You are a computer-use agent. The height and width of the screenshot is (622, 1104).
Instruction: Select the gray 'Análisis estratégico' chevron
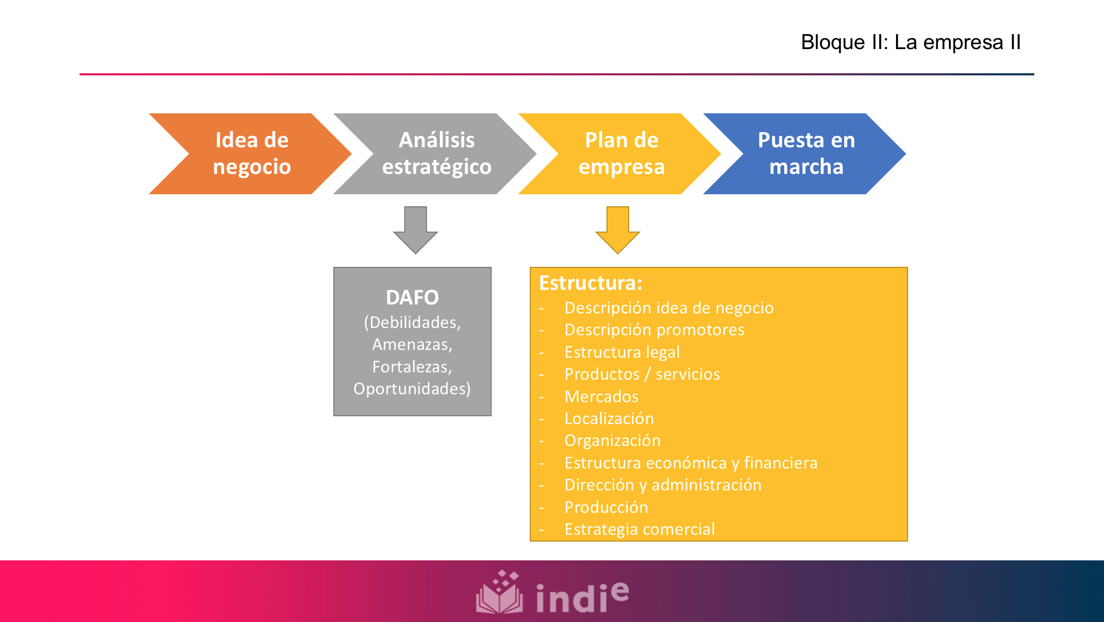[x=437, y=154]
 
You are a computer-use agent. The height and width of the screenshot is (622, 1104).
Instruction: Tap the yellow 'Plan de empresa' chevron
[x=621, y=154]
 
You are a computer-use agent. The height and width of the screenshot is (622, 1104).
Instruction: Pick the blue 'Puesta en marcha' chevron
[x=806, y=154]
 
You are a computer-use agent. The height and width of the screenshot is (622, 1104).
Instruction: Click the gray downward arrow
[x=415, y=230]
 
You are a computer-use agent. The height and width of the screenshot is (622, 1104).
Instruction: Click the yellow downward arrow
[x=618, y=230]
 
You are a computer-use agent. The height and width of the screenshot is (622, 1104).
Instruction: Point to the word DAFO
[x=412, y=298]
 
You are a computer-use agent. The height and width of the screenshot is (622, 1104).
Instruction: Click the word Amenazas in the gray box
[x=412, y=345]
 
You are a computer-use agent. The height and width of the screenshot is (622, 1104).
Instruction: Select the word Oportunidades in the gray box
[x=412, y=389]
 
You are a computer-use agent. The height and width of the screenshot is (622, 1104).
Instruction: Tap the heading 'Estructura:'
[x=590, y=283]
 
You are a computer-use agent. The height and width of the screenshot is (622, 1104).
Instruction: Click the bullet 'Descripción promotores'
[x=654, y=330]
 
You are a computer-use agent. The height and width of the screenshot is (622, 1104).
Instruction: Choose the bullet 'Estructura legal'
[x=622, y=353]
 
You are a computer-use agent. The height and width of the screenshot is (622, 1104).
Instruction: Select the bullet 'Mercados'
[x=601, y=397]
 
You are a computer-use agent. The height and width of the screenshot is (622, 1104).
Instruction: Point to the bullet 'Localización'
[x=609, y=419]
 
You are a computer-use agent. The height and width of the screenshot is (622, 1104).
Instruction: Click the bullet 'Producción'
[x=606, y=507]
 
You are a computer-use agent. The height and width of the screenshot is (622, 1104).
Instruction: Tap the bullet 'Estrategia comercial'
[x=639, y=530]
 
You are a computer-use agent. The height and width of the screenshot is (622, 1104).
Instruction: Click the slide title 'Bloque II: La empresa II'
[x=910, y=42]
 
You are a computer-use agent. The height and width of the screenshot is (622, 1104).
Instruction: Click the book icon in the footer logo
[x=499, y=594]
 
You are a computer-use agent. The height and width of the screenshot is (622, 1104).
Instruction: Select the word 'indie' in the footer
[x=582, y=596]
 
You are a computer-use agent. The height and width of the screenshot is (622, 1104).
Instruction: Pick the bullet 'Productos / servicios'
[x=642, y=374]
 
